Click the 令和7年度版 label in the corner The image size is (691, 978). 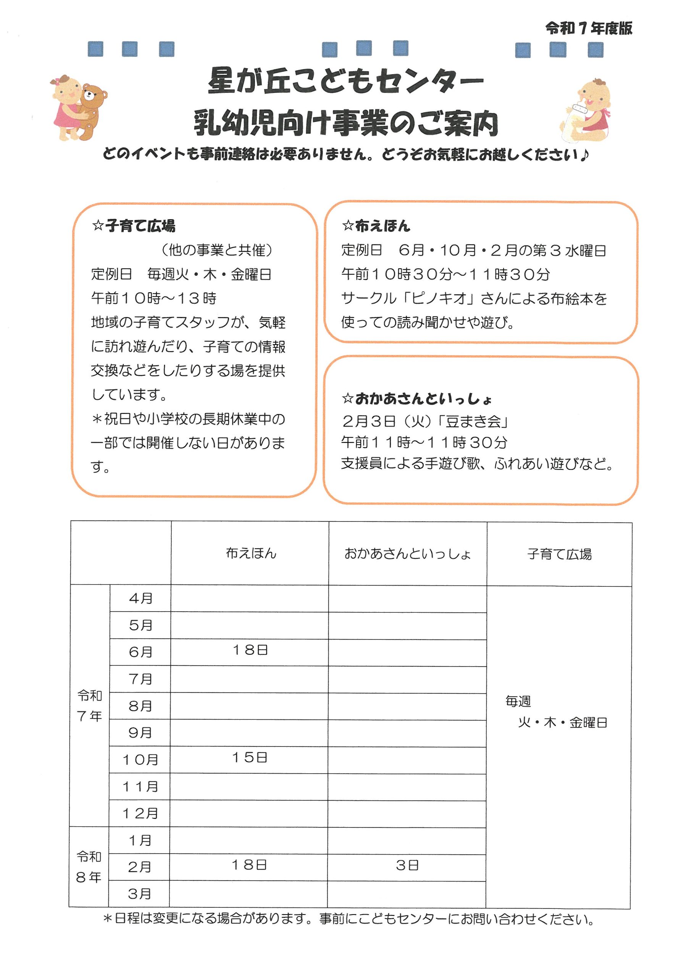pos(588,29)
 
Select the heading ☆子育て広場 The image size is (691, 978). pos(133,226)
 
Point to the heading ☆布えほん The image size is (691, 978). pos(376,226)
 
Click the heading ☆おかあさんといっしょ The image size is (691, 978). pos(417,399)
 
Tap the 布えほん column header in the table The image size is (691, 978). pos(251,553)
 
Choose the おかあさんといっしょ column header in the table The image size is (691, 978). pos(407,554)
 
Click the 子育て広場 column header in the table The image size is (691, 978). pos(559,554)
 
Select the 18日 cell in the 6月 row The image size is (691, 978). pos(250,649)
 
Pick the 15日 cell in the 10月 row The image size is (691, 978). pos(250,757)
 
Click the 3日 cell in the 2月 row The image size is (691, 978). pos(407,865)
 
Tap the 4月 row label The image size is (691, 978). pos(140,598)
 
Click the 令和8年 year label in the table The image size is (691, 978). pos(89,866)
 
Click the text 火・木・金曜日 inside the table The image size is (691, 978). pos(562,722)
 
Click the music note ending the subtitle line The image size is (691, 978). pos(584,154)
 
